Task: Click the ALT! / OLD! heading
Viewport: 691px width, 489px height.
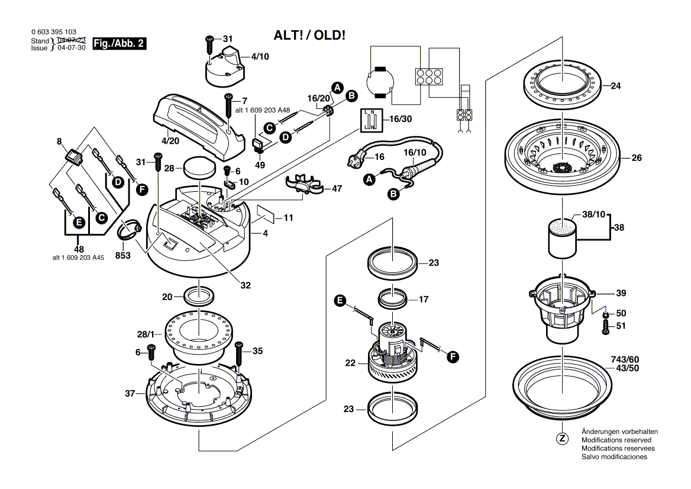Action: pos(309,35)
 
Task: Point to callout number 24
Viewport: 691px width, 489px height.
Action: pos(615,86)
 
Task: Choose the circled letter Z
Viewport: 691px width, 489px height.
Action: pos(562,439)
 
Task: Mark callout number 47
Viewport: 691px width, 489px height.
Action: pos(337,188)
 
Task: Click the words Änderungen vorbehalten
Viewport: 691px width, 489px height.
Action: pos(619,432)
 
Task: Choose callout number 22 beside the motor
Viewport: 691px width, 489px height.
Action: pos(350,362)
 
